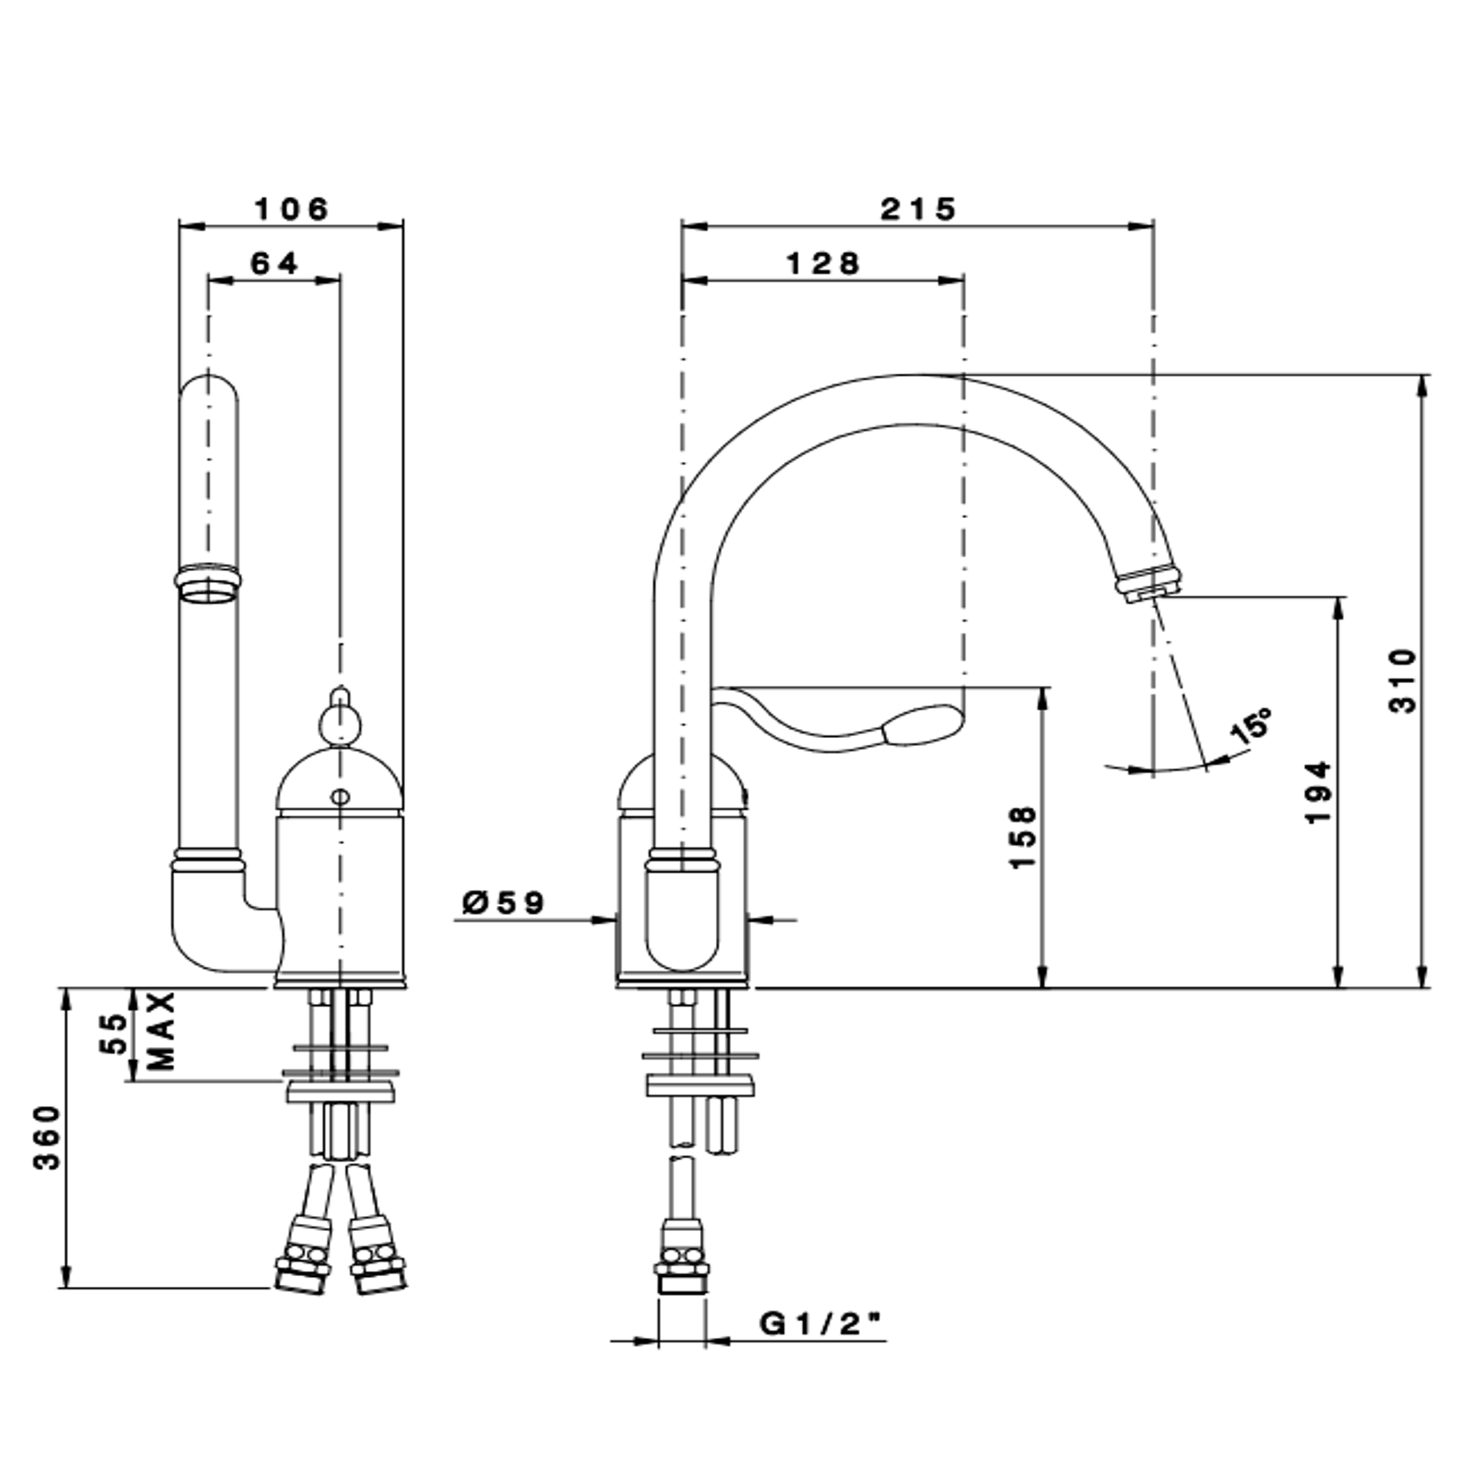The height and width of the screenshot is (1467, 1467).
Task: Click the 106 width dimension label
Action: [291, 209]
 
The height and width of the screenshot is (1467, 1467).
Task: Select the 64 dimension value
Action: [275, 263]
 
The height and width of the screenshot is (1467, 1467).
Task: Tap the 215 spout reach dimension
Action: [918, 209]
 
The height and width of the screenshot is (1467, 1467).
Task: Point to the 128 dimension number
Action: [822, 263]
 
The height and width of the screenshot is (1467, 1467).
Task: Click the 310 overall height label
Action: [1402, 680]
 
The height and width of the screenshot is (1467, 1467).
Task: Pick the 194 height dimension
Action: [1319, 792]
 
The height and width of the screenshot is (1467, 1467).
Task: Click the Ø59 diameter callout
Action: [504, 902]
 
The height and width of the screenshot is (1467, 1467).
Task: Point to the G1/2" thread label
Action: [821, 1324]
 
